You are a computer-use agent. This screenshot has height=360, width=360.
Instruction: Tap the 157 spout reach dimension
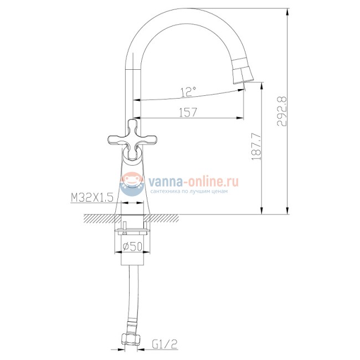189,111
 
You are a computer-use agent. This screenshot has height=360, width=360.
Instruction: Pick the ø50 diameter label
134,245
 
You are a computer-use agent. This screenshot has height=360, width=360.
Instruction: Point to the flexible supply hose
132,294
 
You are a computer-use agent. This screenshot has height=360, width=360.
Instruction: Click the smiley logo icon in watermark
131,183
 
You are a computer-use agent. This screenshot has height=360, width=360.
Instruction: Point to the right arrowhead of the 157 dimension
241,118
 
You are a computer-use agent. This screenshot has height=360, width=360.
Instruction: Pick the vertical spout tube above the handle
133,89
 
